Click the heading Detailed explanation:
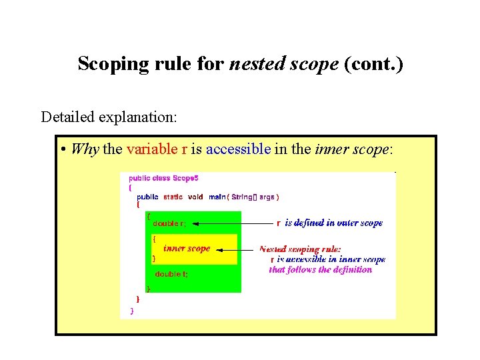(109, 117)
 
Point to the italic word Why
(84, 149)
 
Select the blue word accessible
(238, 149)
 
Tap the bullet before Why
(62, 149)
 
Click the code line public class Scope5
(163, 178)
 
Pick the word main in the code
(217, 197)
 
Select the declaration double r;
(169, 223)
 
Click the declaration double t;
(171, 274)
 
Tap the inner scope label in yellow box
(187, 248)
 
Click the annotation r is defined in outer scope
(330, 223)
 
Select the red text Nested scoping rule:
(299, 249)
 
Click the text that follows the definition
(320, 269)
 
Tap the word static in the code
(173, 197)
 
